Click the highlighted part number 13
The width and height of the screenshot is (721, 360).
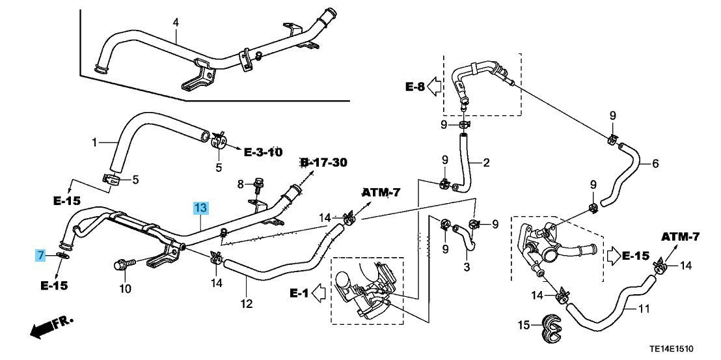click(200, 208)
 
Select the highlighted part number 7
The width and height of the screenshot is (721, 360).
click(40, 255)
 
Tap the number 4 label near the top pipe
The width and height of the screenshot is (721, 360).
click(175, 23)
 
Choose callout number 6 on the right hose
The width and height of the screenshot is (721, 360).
click(655, 163)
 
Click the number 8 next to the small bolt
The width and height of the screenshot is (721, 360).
click(240, 185)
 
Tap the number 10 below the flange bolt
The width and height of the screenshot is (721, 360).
click(125, 288)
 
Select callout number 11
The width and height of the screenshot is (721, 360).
click(644, 309)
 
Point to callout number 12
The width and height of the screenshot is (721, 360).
click(246, 303)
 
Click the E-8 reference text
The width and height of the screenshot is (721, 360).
click(416, 87)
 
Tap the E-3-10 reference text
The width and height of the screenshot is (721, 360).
click(263, 152)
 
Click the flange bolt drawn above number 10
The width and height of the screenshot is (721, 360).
click(122, 264)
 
